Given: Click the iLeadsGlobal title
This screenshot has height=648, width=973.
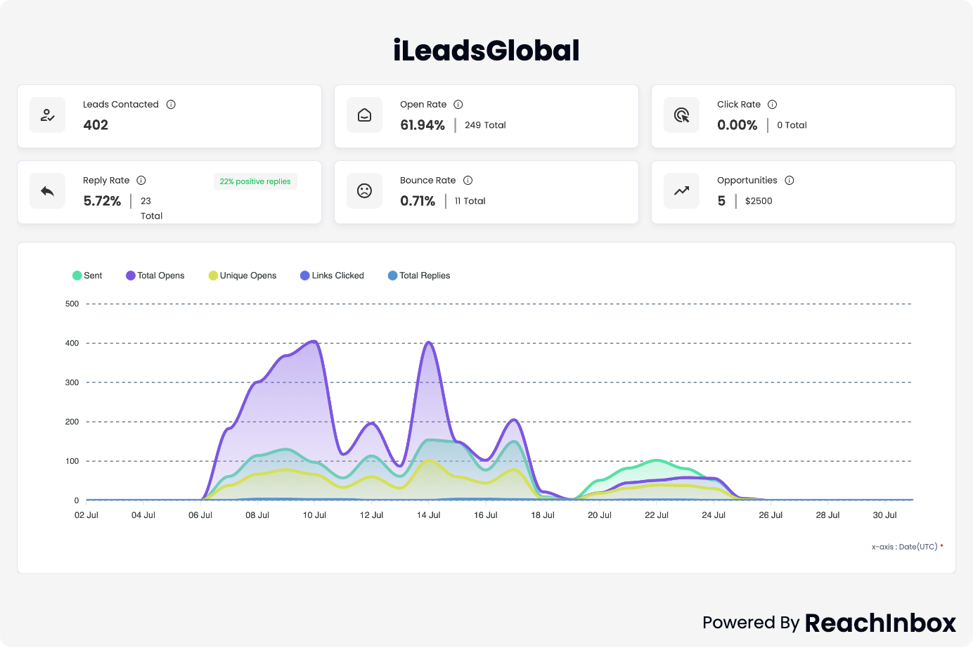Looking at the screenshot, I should tap(487, 51).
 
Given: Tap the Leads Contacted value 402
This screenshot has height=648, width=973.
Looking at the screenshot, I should tap(96, 125).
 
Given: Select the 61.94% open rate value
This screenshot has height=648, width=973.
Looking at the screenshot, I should tap(423, 125).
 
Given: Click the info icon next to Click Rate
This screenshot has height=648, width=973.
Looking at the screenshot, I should tap(772, 105).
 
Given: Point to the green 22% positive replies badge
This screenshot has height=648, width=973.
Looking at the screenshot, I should tap(255, 181).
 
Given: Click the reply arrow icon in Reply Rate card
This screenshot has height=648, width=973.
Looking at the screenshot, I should tap(48, 191).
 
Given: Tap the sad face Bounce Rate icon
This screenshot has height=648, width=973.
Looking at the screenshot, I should tap(364, 191).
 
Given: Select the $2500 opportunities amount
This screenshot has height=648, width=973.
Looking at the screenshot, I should tap(759, 201).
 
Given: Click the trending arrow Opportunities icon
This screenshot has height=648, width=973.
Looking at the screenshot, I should tap(682, 191).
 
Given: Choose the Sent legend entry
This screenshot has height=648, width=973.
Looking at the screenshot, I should tap(87, 276).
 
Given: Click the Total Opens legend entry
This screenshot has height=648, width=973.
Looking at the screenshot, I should tap(155, 276).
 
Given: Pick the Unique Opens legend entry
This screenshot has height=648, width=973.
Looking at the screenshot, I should tap(243, 276).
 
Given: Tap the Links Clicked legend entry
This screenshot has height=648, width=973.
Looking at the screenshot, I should tap(332, 276).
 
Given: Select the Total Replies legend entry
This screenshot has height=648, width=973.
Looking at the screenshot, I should tap(419, 276).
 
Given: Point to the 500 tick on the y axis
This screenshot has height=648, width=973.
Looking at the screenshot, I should tap(72, 304).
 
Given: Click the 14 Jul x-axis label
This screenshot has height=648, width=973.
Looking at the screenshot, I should tap(428, 515).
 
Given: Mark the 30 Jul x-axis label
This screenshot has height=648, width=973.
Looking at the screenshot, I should tap(884, 515).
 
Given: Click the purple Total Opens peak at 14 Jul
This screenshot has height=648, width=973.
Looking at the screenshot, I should tap(429, 342).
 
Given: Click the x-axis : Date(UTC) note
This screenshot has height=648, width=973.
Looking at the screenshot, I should tap(905, 547).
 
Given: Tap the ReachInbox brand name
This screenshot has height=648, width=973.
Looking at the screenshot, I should tap(880, 623).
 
